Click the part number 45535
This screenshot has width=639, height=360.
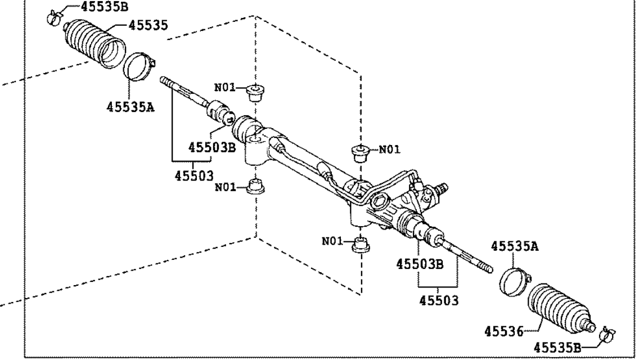148,24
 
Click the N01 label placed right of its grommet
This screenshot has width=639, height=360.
389,150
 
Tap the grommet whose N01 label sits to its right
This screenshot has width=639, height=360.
359,152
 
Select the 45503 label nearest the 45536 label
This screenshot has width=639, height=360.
439,300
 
